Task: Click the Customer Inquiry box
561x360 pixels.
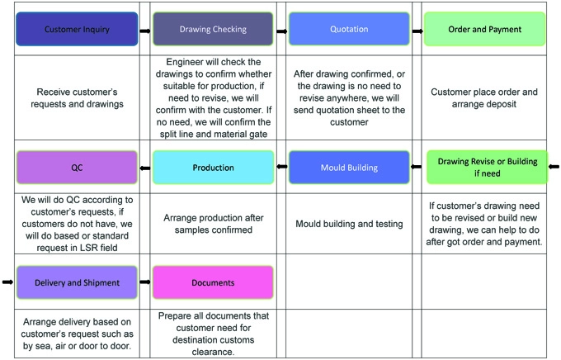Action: (77, 29)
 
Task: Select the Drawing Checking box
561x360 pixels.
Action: (213, 29)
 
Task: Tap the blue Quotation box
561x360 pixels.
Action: (349, 29)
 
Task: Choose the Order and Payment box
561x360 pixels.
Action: (485, 29)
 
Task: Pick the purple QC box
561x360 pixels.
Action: (77, 168)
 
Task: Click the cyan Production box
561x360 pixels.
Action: (213, 168)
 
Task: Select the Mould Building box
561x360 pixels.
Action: (349, 168)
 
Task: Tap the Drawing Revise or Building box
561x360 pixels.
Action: (488, 168)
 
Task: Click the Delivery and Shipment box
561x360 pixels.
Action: (77, 282)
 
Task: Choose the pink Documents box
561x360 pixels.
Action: (213, 282)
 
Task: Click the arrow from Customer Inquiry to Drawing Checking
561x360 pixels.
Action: (145, 31)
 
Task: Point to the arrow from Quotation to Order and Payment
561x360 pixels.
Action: (417, 31)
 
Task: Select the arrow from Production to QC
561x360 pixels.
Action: (145, 168)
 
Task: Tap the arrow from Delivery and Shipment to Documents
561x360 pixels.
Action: (145, 282)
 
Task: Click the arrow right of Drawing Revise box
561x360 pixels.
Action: (554, 167)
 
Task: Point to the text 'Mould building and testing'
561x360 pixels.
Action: (349, 224)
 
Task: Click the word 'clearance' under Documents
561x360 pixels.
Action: (213, 352)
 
